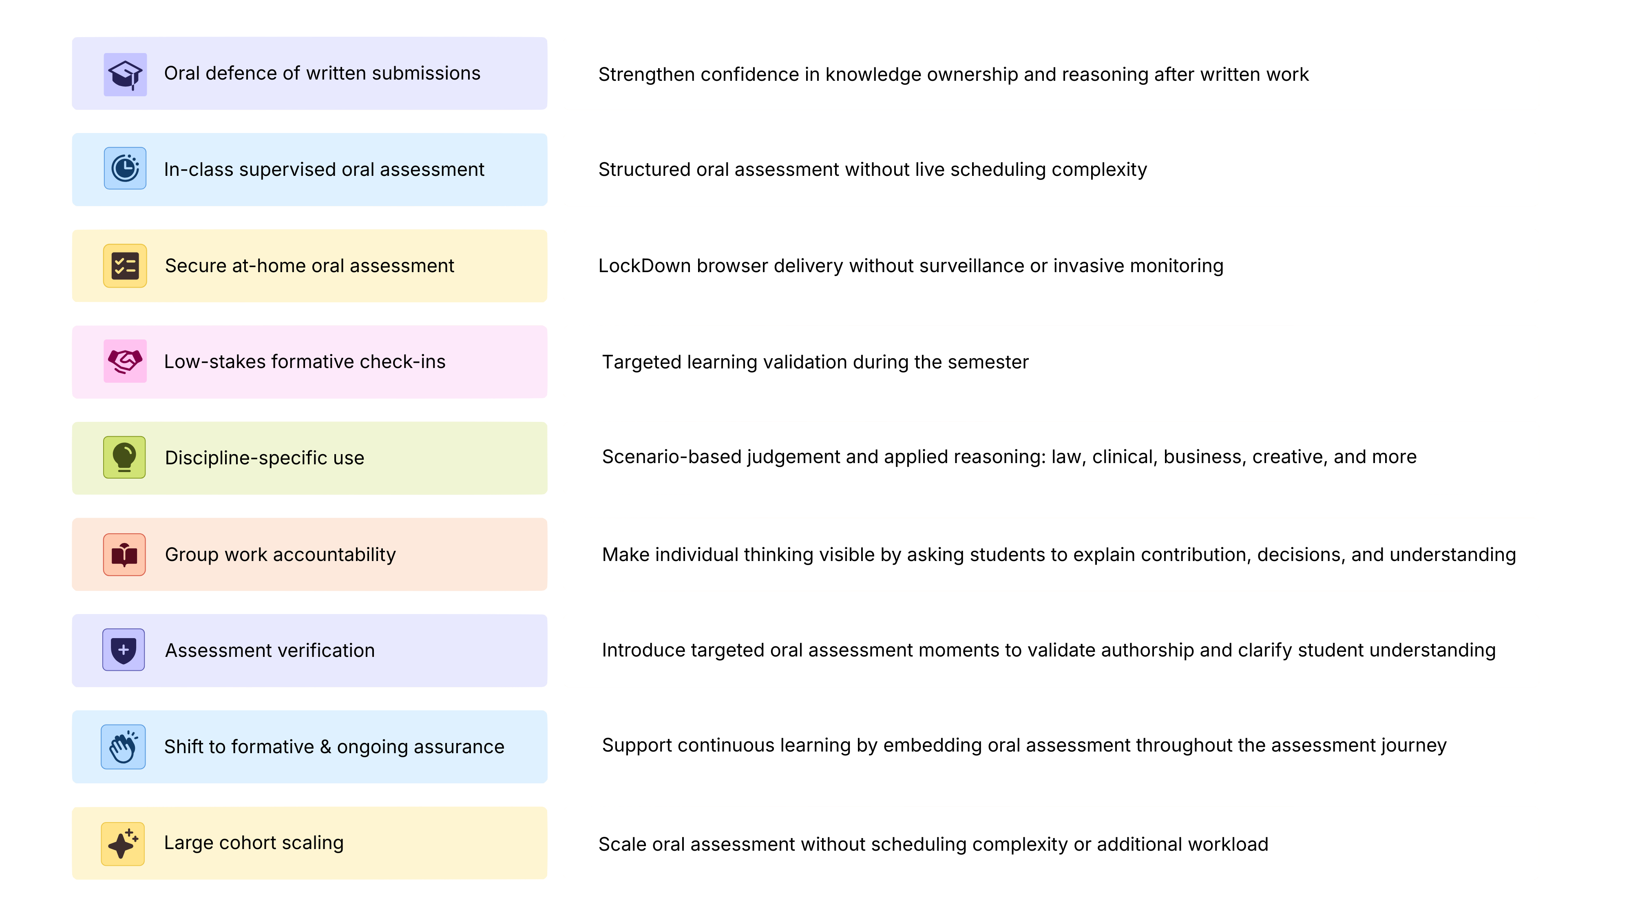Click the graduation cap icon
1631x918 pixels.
pos(125,75)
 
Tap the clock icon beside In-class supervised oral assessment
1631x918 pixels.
pos(125,169)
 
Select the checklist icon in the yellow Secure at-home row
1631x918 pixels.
pos(125,266)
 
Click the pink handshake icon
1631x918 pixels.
pos(125,361)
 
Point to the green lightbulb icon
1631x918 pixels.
pos(125,457)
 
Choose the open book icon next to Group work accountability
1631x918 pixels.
pos(125,555)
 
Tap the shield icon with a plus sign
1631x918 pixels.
pos(124,650)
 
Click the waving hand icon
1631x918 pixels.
pos(124,747)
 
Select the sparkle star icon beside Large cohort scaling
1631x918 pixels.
pos(123,844)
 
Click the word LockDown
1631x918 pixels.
pos(645,266)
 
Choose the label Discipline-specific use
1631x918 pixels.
pos(265,458)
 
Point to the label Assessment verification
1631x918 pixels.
pos(270,651)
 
